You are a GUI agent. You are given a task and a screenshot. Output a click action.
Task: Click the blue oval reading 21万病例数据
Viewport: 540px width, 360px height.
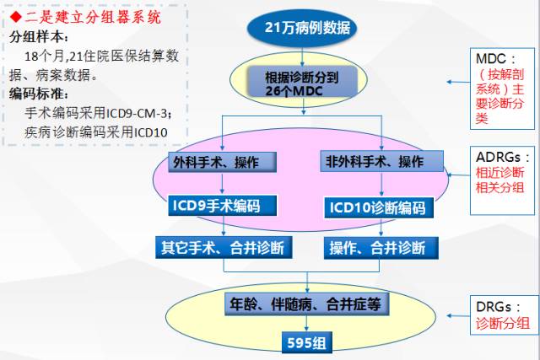click(308, 29)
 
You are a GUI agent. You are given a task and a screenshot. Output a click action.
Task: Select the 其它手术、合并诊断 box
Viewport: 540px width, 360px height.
click(223, 247)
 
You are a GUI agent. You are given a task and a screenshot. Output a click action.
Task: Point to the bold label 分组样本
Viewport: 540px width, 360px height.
click(39, 37)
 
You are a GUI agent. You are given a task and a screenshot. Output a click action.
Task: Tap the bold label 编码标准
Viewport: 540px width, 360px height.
click(39, 93)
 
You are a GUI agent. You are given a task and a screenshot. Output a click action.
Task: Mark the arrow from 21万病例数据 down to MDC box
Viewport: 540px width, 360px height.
click(308, 54)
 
